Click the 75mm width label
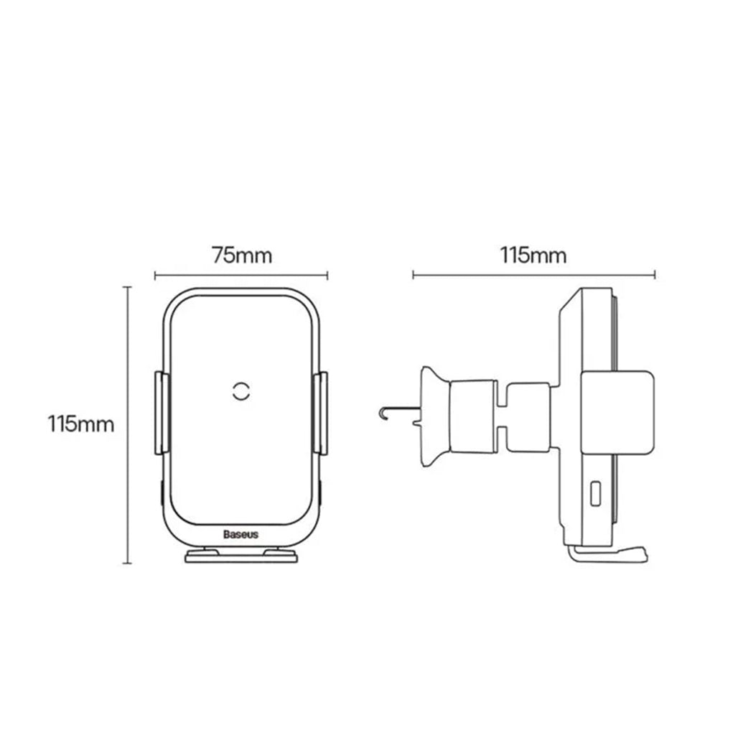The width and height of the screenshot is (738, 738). pos(241,255)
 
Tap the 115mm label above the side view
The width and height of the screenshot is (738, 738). pos(533,255)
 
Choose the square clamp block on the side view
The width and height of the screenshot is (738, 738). pos(617,413)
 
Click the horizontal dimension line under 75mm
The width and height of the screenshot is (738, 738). pos(241,274)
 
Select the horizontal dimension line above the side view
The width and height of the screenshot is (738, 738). pos(533,274)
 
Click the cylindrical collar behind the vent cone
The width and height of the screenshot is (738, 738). pos(470,416)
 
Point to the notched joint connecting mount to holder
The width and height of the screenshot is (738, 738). pos(528,416)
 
